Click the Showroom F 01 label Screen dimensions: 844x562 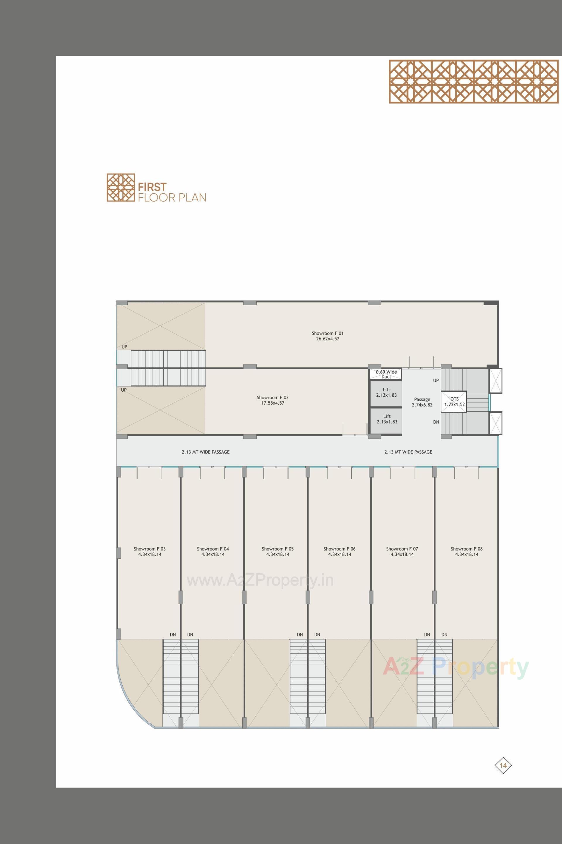point(327,333)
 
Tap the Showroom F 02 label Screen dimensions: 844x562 point(273,398)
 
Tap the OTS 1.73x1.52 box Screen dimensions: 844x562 point(454,401)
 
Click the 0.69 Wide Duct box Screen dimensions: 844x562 point(386,374)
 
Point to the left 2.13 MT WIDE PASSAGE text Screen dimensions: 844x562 point(205,452)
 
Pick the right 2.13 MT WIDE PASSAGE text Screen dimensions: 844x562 point(408,452)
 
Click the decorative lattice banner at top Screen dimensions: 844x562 point(474,81)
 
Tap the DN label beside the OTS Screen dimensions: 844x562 point(436,422)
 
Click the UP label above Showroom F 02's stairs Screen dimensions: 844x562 point(124,347)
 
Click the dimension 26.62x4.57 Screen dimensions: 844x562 point(327,339)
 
